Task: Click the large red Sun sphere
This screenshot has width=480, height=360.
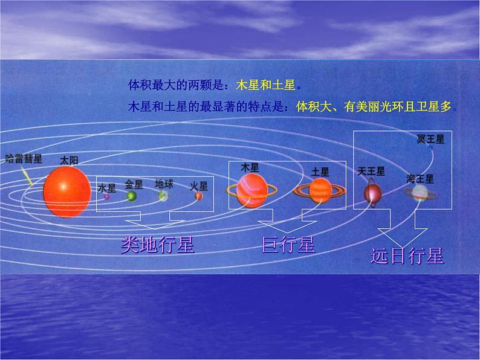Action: [67, 191]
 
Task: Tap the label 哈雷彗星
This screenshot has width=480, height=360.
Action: [24, 159]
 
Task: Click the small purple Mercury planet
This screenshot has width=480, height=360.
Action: [106, 197]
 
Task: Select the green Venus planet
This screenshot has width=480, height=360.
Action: [131, 196]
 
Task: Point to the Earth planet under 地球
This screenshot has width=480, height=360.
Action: [163, 196]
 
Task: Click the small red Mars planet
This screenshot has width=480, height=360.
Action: [199, 196]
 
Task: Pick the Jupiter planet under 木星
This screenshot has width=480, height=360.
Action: [251, 191]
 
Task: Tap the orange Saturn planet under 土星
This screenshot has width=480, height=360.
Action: [320, 191]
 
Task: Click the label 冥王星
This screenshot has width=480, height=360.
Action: [430, 139]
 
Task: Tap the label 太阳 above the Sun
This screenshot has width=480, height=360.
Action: [69, 161]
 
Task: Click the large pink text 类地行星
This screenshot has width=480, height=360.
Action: [157, 245]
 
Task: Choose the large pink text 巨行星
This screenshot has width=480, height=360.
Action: [288, 245]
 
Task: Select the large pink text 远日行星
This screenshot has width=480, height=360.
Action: [407, 256]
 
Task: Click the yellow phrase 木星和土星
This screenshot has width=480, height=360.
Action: [265, 85]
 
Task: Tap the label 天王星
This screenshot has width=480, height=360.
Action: [371, 172]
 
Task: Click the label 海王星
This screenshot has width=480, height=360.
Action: [420, 179]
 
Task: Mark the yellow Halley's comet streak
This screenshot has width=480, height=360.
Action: [28, 178]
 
